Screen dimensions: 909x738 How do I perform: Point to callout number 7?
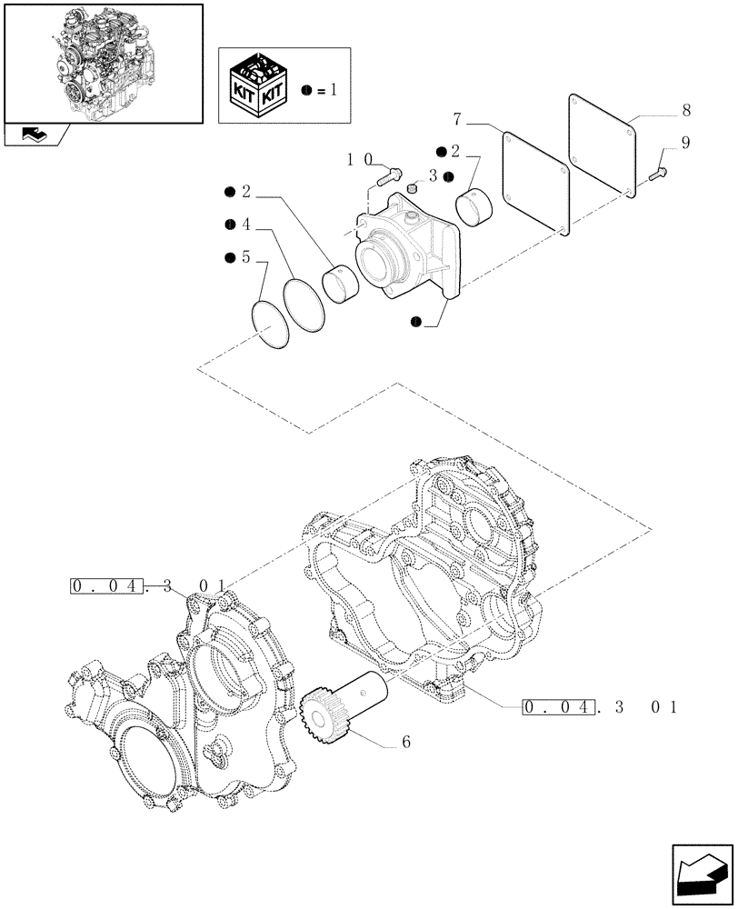coord(458,121)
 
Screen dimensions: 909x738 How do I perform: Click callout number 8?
coord(685,110)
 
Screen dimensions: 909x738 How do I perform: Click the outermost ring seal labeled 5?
coord(272,325)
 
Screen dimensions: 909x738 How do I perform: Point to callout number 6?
coord(405,743)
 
